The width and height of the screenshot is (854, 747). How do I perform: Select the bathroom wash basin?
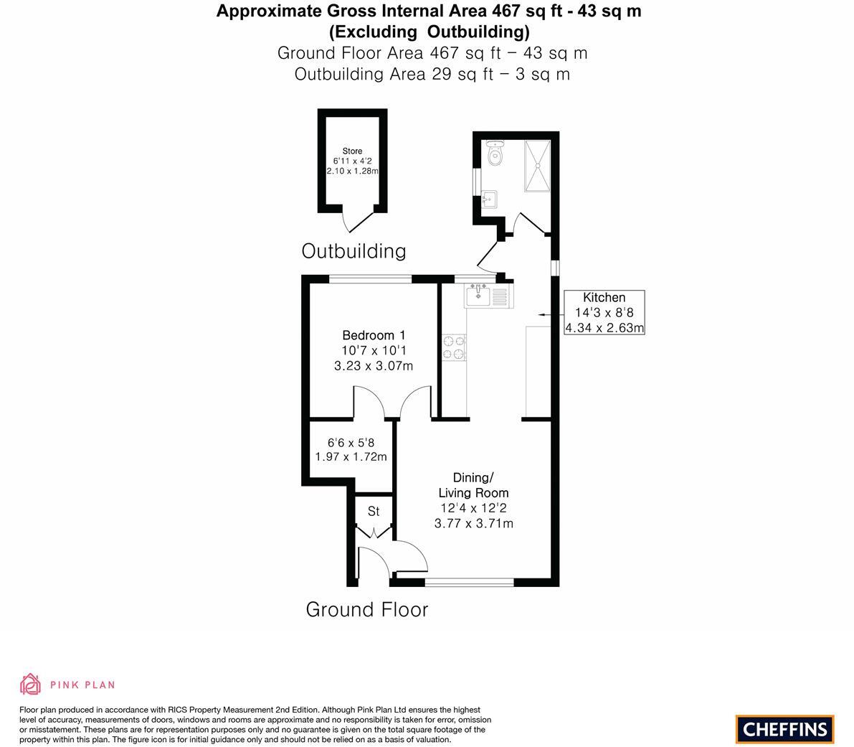(x=490, y=199)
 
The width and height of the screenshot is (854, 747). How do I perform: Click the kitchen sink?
(x=478, y=295)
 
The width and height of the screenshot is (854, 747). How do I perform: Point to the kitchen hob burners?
(x=454, y=348)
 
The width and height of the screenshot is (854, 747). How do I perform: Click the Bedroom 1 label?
(x=374, y=335)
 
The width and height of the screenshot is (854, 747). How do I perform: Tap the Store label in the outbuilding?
(x=352, y=151)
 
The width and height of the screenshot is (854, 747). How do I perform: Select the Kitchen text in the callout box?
(x=604, y=298)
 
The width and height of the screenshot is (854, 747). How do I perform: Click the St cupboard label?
(x=374, y=512)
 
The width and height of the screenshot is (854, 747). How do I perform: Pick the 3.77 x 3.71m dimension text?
(x=473, y=523)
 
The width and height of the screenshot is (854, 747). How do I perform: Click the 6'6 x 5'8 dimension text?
(x=351, y=443)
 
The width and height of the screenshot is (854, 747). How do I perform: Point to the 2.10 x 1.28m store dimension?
(x=352, y=172)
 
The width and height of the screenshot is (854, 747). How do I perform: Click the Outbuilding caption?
(x=354, y=251)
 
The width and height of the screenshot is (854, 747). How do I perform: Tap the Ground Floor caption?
(x=366, y=610)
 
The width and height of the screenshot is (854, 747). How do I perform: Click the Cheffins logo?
(x=784, y=729)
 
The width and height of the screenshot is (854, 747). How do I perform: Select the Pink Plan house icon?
(x=30, y=685)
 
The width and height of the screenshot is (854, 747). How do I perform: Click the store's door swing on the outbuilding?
(x=356, y=220)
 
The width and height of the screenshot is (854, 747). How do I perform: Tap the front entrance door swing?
(x=409, y=557)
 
